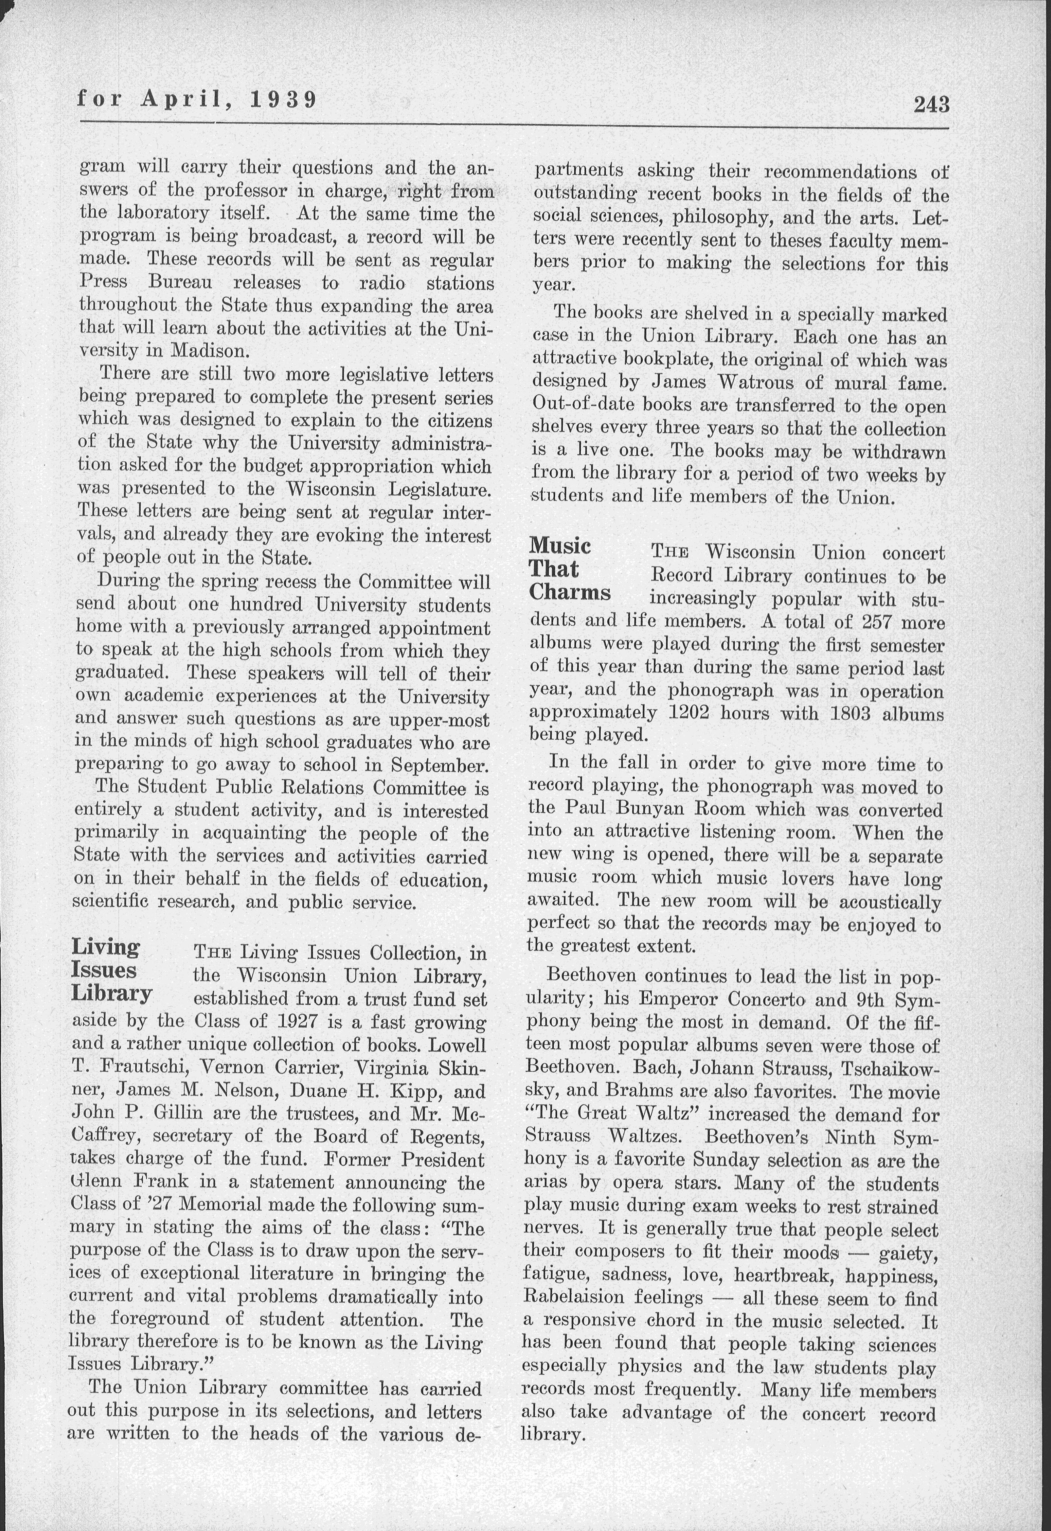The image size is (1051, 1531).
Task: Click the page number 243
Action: [931, 104]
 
